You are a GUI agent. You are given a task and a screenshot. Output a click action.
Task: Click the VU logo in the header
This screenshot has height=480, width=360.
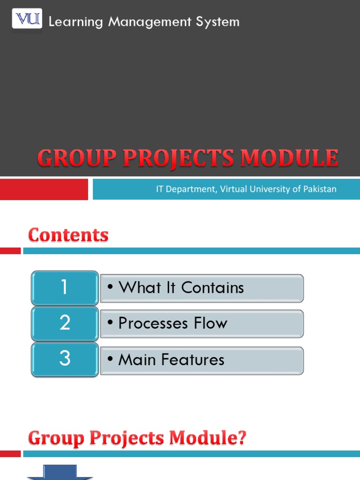coord(26,20)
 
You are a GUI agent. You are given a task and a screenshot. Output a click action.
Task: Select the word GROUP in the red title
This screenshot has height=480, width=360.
coord(76,159)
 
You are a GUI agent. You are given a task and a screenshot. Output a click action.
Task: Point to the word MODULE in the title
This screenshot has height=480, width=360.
coord(290,158)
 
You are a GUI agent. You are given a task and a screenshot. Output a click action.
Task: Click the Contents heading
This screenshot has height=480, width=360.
coord(68,235)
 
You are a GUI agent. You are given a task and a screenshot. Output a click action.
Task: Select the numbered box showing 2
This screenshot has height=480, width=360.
coord(65,323)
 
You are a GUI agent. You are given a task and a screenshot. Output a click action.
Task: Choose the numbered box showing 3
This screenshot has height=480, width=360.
coord(65,359)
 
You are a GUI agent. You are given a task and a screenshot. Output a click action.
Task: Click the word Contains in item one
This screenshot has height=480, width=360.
coord(212,288)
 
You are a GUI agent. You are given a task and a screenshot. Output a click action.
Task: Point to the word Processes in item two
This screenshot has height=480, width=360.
coord(152,323)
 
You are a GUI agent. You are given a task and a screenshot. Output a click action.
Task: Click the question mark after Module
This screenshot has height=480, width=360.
coord(240,439)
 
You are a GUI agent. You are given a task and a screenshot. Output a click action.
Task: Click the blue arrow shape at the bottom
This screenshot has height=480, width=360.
coord(60,472)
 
